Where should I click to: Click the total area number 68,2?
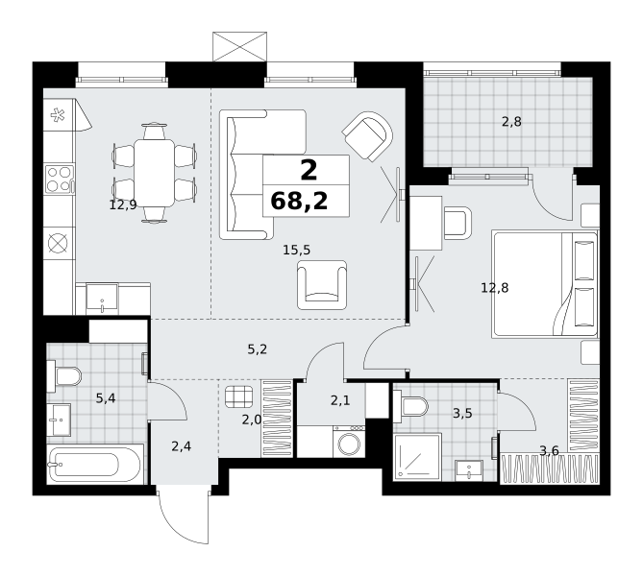pos(299,202)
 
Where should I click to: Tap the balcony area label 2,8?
pos(511,122)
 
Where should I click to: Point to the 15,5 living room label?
pos(296,250)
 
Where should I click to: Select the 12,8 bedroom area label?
pos(495,288)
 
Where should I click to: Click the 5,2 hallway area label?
pos(258,349)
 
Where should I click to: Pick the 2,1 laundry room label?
pos(340,400)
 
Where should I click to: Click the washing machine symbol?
pos(350,442)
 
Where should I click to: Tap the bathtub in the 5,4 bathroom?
pos(95,464)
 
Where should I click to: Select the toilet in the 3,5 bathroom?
pos(410,406)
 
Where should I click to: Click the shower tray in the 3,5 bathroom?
pos(417,457)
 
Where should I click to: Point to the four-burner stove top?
pos(59,179)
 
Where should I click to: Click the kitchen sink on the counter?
pos(102,299)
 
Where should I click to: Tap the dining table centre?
pos(154,173)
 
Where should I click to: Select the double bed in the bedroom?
pos(545,284)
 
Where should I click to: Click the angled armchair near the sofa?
pos(367,136)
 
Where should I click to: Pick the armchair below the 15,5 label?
pos(322,285)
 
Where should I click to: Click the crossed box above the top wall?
pos(240,47)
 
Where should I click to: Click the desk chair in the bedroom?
pos(458,224)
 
